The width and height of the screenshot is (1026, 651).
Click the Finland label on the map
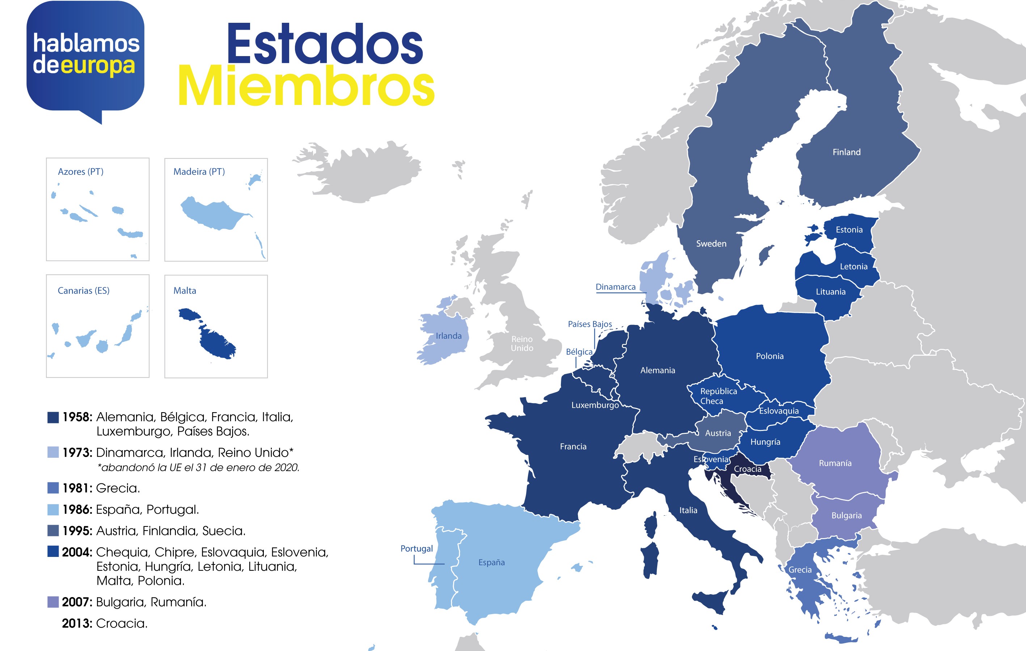(x=846, y=152)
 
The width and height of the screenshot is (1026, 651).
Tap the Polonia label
(x=769, y=356)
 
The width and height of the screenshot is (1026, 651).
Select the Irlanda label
(x=448, y=336)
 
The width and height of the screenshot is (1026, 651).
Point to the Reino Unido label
(x=522, y=343)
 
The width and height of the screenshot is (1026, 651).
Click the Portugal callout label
(x=416, y=548)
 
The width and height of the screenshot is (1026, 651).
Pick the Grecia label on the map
(x=800, y=570)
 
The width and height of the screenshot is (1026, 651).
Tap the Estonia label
(x=849, y=230)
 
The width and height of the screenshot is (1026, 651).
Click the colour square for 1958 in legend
(x=53, y=417)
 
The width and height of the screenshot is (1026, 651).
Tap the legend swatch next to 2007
(x=53, y=602)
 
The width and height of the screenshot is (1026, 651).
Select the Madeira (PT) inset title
(x=199, y=172)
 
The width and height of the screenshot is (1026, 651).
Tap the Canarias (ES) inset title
(x=84, y=291)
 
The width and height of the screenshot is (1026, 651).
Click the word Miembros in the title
(x=306, y=87)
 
